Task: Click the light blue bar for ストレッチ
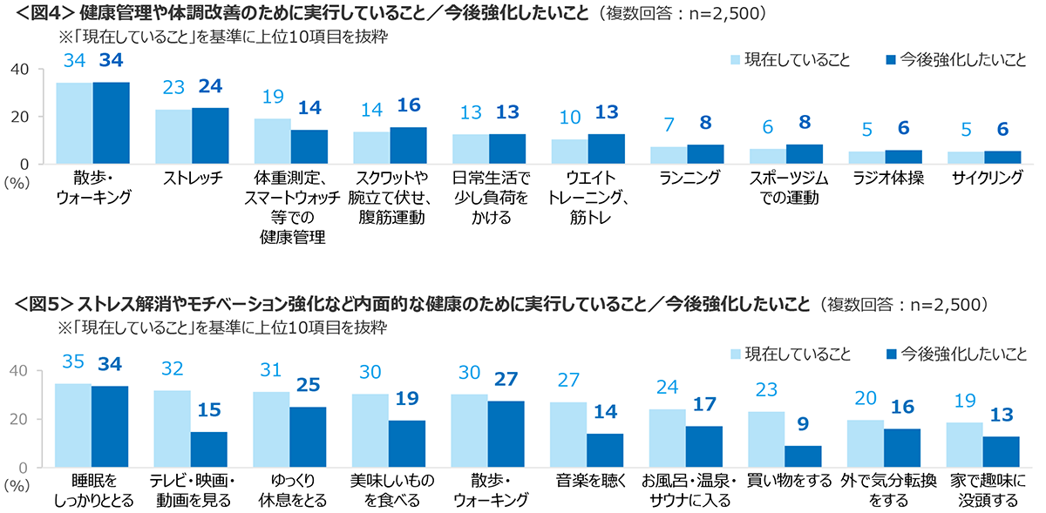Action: (x=173, y=136)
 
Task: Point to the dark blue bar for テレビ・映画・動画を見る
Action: (x=208, y=449)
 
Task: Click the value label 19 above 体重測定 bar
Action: (x=272, y=98)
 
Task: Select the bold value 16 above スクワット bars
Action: (x=408, y=105)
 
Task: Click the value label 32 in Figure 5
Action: (x=173, y=369)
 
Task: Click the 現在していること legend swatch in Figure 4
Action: (x=736, y=60)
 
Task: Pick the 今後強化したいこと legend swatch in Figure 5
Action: (x=890, y=354)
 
